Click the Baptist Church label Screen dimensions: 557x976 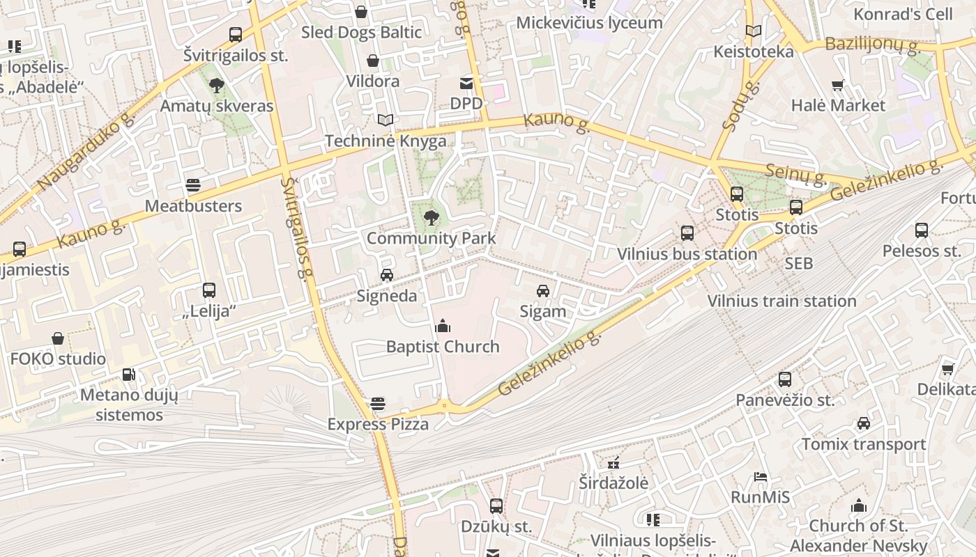tap(443, 347)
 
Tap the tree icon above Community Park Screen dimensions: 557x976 tap(432, 217)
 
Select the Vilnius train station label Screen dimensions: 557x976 tap(781, 301)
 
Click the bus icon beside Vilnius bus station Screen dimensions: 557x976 tap(687, 233)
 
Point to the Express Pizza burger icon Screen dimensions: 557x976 tap(378, 404)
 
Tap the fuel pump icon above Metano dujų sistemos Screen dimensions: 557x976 tap(128, 375)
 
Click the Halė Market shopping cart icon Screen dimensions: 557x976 tap(838, 86)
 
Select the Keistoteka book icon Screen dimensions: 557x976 tap(753, 31)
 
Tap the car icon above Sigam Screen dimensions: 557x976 tap(543, 291)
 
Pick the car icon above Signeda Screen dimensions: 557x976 tap(387, 275)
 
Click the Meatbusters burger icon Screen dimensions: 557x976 tap(193, 185)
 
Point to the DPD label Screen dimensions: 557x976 tap(466, 104)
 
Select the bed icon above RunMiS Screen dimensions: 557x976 tap(761, 477)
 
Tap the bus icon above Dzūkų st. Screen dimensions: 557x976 tap(496, 506)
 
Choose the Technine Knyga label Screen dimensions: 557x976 tap(386, 141)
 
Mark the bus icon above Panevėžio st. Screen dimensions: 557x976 tap(785, 379)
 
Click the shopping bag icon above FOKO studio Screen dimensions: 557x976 tap(58, 339)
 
